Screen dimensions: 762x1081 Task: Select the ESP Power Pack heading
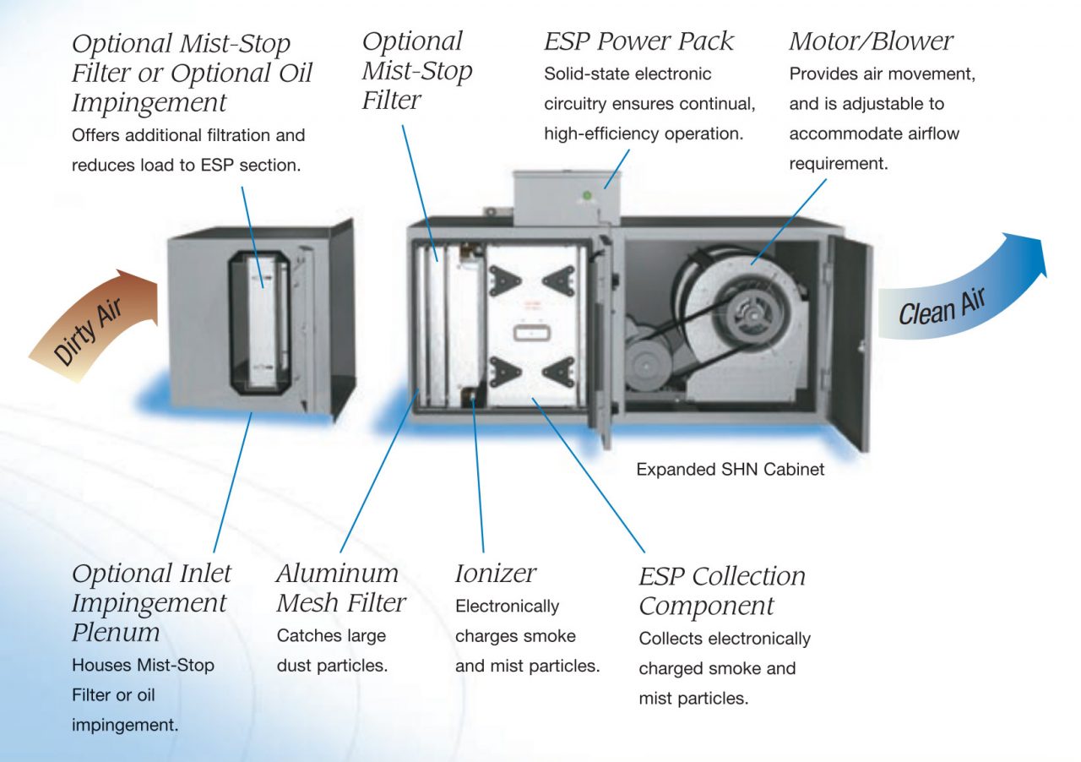click(638, 41)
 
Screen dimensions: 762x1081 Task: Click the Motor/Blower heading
click(871, 41)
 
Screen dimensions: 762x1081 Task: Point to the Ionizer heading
click(495, 574)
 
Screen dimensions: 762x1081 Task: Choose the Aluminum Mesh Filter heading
click(340, 588)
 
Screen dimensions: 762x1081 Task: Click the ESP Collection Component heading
click(721, 591)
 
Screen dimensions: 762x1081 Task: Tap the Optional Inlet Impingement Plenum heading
click(150, 602)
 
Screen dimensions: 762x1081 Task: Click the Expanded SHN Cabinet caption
click(730, 469)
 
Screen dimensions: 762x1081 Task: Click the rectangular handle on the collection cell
click(528, 332)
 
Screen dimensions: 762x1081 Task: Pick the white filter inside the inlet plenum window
click(263, 321)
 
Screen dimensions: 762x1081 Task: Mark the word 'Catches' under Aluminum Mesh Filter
click(308, 636)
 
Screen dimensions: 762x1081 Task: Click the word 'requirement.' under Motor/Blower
click(838, 164)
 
